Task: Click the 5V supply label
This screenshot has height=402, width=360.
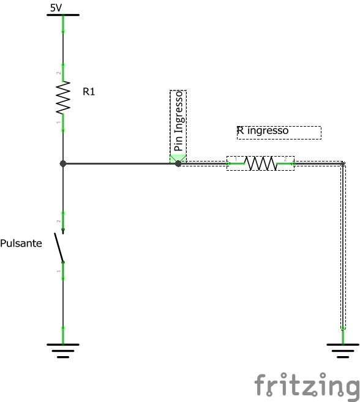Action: click(x=56, y=8)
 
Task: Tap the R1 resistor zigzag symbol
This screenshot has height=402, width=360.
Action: click(x=63, y=97)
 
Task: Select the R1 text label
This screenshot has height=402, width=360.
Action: click(x=89, y=92)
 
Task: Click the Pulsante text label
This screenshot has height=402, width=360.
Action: click(x=21, y=243)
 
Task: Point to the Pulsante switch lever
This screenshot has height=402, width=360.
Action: click(x=59, y=247)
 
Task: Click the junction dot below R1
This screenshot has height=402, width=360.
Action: click(x=63, y=163)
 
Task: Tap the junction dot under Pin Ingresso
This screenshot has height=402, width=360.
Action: click(x=178, y=163)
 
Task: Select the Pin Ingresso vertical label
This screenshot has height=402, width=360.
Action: click(x=178, y=121)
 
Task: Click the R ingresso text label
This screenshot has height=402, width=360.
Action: click(x=263, y=130)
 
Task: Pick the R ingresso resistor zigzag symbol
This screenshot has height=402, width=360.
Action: click(x=260, y=163)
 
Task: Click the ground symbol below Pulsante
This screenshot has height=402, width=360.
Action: click(x=63, y=351)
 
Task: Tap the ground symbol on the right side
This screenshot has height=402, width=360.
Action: click(x=343, y=351)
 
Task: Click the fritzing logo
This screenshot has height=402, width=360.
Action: click(x=307, y=386)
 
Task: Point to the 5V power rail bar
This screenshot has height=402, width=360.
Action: click(x=63, y=15)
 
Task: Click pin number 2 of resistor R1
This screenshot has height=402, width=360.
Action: click(x=59, y=73)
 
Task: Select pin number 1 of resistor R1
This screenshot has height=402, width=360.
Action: click(x=59, y=122)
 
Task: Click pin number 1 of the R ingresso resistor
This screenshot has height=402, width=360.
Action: click(x=236, y=160)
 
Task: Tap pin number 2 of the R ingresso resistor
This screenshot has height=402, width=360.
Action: click(x=285, y=160)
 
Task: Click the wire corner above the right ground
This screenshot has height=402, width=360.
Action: click(x=343, y=163)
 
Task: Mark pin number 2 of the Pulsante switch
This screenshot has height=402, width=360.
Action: click(x=59, y=221)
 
